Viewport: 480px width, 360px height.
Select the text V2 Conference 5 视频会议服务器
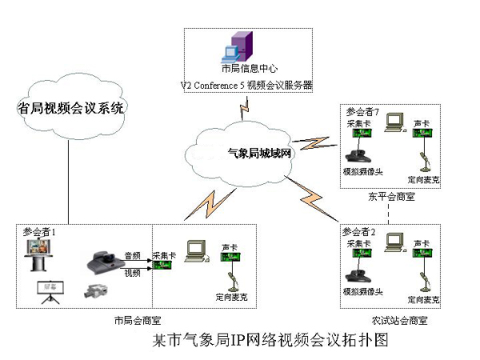(x=245, y=84)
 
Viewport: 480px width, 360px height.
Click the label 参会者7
(x=362, y=113)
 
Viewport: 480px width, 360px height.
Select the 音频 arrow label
(x=132, y=255)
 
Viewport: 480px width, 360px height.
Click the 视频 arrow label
(x=132, y=273)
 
